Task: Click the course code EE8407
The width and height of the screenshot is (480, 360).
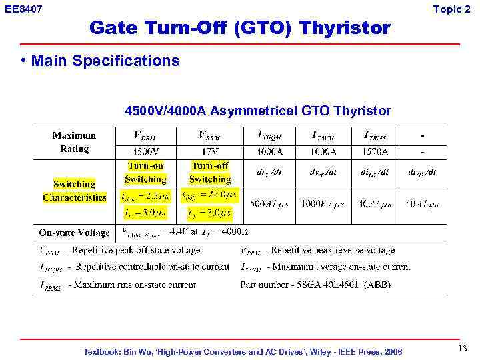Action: (x=23, y=9)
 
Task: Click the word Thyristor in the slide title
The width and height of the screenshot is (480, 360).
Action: (x=345, y=28)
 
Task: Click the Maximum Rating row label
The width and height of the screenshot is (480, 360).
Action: (x=74, y=142)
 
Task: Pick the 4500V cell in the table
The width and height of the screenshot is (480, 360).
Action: (x=145, y=151)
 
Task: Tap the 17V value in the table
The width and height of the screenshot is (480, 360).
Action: (x=210, y=151)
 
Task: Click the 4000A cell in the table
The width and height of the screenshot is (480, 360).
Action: (x=269, y=151)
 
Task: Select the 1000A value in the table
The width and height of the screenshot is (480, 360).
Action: (x=323, y=151)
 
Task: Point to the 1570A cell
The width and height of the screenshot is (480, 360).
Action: (x=375, y=151)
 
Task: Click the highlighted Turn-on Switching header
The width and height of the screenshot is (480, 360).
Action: (x=145, y=172)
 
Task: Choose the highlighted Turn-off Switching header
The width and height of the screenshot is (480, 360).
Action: (x=210, y=172)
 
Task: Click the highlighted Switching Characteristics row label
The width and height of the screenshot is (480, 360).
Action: (x=74, y=191)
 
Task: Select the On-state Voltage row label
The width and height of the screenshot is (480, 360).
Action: (x=74, y=233)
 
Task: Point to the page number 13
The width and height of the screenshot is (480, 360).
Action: (x=463, y=349)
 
